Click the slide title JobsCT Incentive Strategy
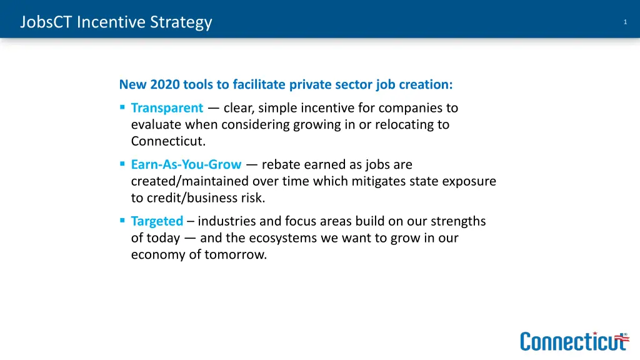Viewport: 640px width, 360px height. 116,22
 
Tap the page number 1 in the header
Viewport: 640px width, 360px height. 625,22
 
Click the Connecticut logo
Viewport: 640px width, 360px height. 574,341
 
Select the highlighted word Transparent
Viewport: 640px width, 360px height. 167,108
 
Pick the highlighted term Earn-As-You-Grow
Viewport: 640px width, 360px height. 186,165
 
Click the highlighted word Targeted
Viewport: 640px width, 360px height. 157,221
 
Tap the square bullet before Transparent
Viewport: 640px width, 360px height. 122,108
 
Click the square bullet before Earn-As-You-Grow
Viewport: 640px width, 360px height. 122,165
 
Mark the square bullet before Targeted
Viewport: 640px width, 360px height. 122,221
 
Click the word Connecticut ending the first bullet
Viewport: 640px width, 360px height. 168,141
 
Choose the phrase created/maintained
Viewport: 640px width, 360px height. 190,181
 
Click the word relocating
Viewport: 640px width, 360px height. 399,124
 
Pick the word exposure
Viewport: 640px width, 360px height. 469,181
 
